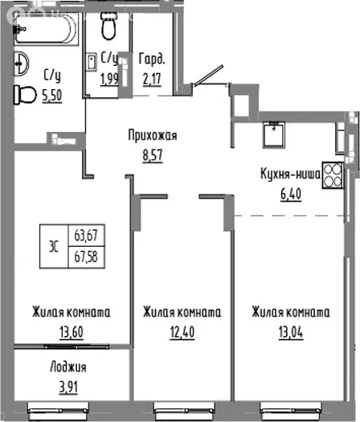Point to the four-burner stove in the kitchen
coord(333,175)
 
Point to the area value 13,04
coord(288,330)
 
